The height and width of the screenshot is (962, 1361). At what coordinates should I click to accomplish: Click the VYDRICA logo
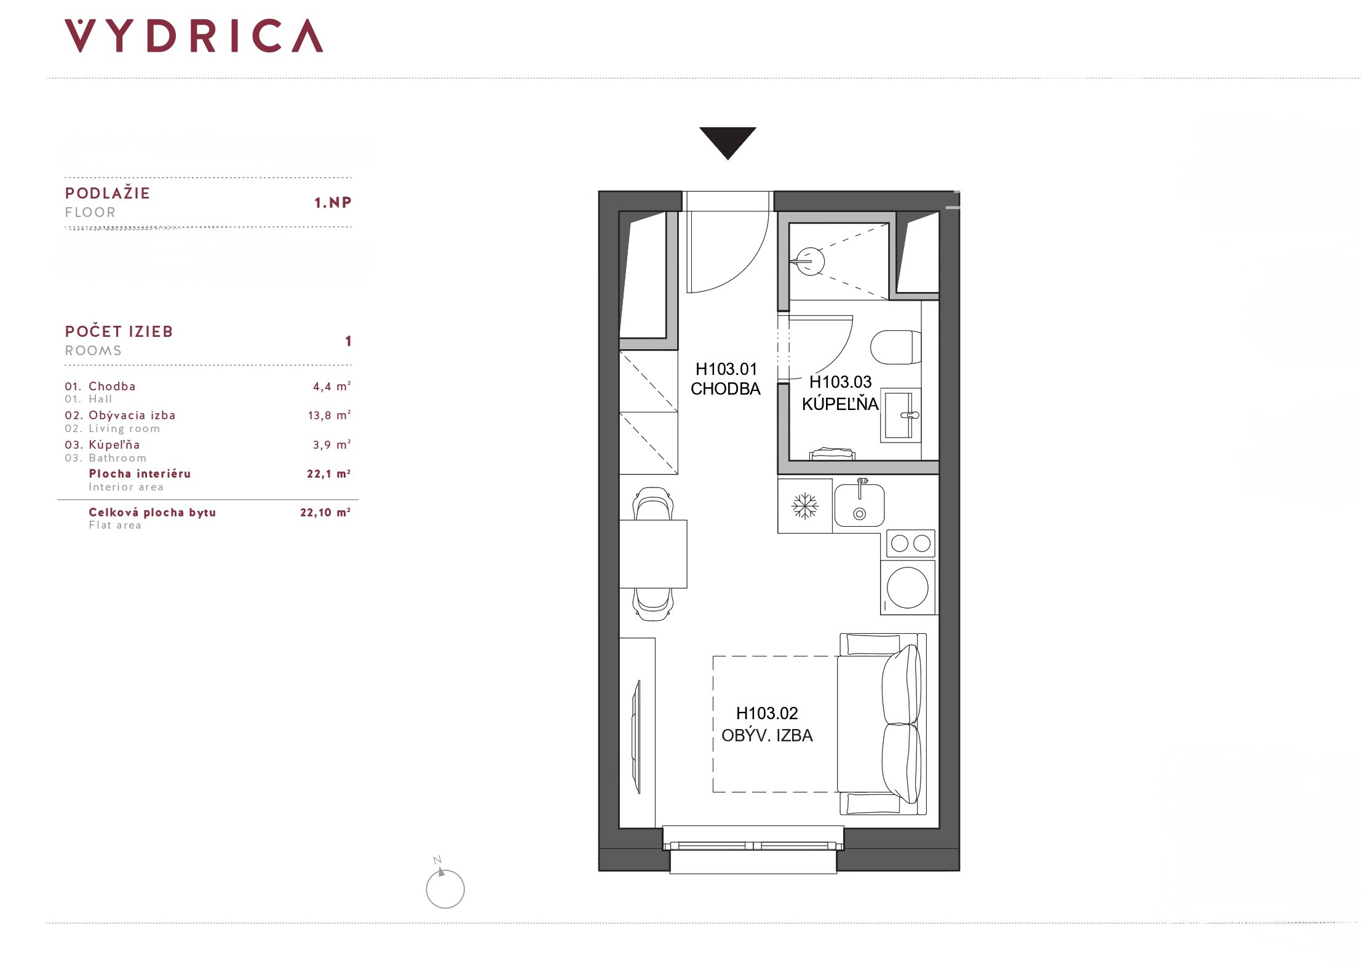tap(194, 36)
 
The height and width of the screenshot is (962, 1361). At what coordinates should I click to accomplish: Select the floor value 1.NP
tap(333, 202)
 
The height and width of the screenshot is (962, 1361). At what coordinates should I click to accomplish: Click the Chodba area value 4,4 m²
tap(331, 386)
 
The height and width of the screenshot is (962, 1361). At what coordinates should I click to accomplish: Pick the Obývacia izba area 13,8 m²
tap(329, 415)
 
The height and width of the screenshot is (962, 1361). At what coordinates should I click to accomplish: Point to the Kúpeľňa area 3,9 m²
tap(331, 444)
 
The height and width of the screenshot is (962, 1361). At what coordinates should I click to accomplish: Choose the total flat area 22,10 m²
tap(325, 512)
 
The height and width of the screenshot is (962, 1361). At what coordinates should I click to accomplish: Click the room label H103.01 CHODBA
tap(726, 379)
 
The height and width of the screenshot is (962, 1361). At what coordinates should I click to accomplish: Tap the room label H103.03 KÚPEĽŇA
tap(840, 393)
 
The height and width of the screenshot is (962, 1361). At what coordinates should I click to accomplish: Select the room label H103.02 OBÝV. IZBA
tap(767, 724)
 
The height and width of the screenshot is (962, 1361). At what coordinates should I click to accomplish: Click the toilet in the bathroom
tap(895, 347)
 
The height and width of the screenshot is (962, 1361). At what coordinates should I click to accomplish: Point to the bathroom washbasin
tap(901, 415)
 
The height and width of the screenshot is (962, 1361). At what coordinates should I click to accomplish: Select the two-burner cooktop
tap(911, 543)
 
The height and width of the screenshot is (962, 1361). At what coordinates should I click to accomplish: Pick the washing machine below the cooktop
tap(908, 588)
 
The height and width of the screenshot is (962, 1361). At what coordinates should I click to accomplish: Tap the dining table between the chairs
tap(653, 554)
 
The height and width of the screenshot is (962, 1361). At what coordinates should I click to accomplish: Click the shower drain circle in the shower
tap(810, 261)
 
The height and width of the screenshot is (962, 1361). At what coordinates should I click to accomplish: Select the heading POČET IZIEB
tap(119, 331)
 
